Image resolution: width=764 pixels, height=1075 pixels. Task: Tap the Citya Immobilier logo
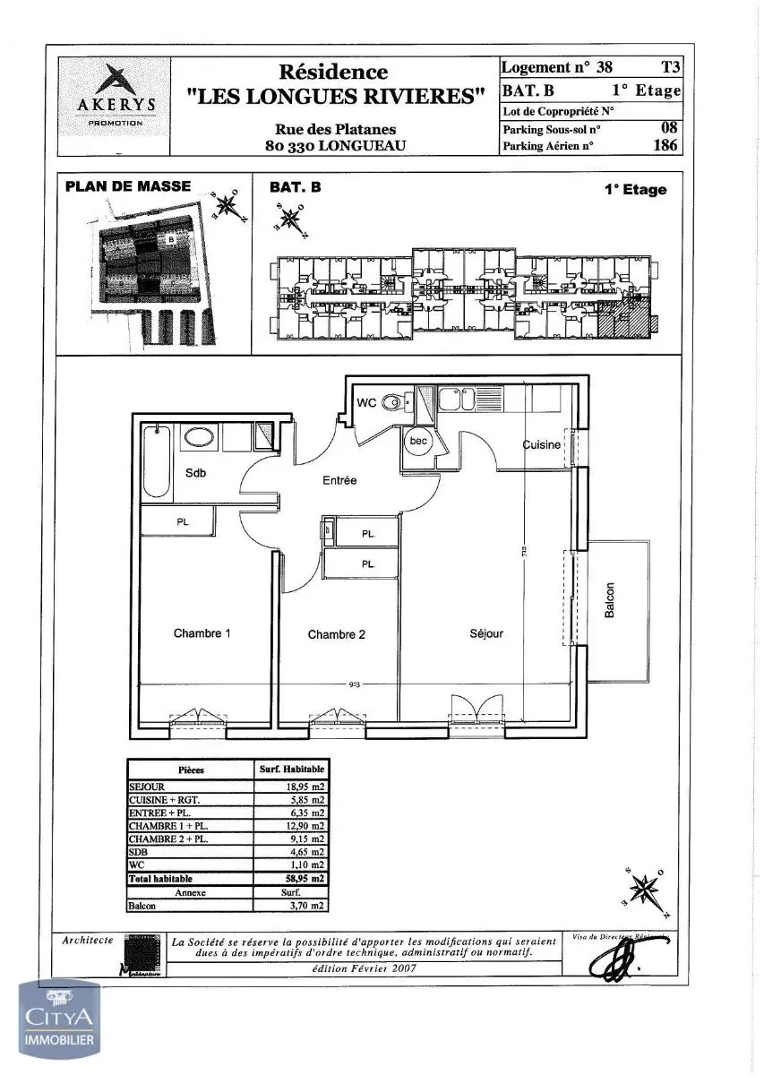(60, 1019)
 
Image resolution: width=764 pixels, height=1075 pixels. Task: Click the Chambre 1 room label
(202, 633)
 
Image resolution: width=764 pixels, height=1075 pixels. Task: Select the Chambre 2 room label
(336, 634)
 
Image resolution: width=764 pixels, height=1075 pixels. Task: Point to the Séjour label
(486, 633)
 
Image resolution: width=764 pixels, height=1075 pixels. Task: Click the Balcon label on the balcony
(610, 601)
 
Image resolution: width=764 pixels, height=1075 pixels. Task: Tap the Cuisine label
(542, 445)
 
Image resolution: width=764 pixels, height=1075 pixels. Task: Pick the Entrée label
(339, 480)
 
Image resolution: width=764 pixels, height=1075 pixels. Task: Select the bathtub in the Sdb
(156, 460)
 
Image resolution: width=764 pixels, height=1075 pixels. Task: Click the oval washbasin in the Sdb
(198, 437)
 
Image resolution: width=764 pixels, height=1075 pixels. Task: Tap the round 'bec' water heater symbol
(418, 442)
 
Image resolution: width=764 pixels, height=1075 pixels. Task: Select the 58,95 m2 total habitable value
(302, 880)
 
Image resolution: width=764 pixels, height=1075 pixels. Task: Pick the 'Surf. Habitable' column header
(292, 770)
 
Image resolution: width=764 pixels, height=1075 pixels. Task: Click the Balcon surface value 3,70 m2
(305, 906)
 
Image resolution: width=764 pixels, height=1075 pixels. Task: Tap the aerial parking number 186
(665, 145)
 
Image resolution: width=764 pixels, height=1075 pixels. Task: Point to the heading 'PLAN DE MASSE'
(128, 186)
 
